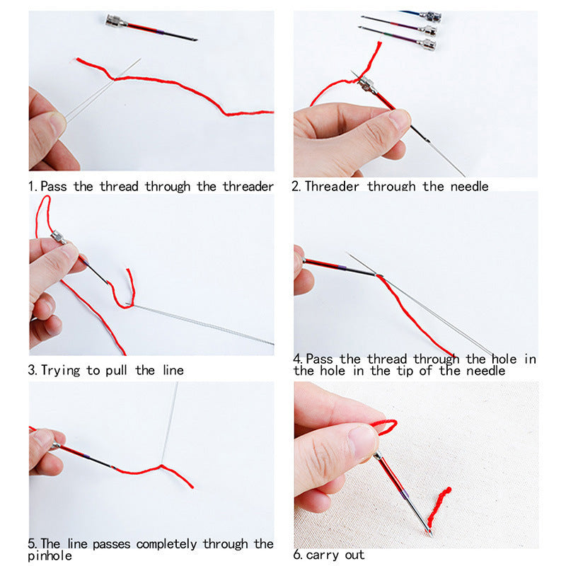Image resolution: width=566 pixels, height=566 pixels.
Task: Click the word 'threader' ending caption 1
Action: pyautogui.click(x=248, y=187)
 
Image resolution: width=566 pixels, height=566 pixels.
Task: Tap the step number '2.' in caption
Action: pyautogui.click(x=297, y=187)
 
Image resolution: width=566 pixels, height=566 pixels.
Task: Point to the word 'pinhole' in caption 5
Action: pyautogui.click(x=50, y=556)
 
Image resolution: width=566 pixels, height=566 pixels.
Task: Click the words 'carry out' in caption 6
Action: pyautogui.click(x=335, y=555)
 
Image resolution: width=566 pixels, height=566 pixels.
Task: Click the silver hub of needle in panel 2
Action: pyautogui.click(x=366, y=85)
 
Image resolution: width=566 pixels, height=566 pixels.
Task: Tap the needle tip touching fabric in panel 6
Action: pyautogui.click(x=429, y=532)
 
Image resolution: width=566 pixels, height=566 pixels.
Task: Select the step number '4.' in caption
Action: pyautogui.click(x=299, y=359)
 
